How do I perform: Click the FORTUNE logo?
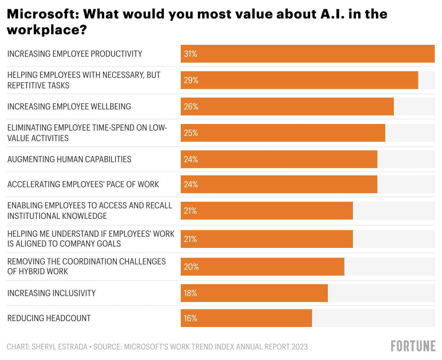413,346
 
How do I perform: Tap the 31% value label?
190,54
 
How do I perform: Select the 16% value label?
190,318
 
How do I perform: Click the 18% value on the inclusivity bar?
190,293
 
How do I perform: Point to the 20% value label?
191,267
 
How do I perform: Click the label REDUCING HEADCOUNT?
49,318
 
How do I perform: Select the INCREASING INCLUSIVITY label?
51,293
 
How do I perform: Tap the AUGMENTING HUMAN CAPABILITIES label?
69,159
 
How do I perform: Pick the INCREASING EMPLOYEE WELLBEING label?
69,106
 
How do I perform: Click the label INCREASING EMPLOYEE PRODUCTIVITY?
75,54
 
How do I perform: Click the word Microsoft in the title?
42,14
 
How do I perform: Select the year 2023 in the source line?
299,347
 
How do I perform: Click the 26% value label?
191,106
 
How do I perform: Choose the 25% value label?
191,133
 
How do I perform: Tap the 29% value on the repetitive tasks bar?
191,80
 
